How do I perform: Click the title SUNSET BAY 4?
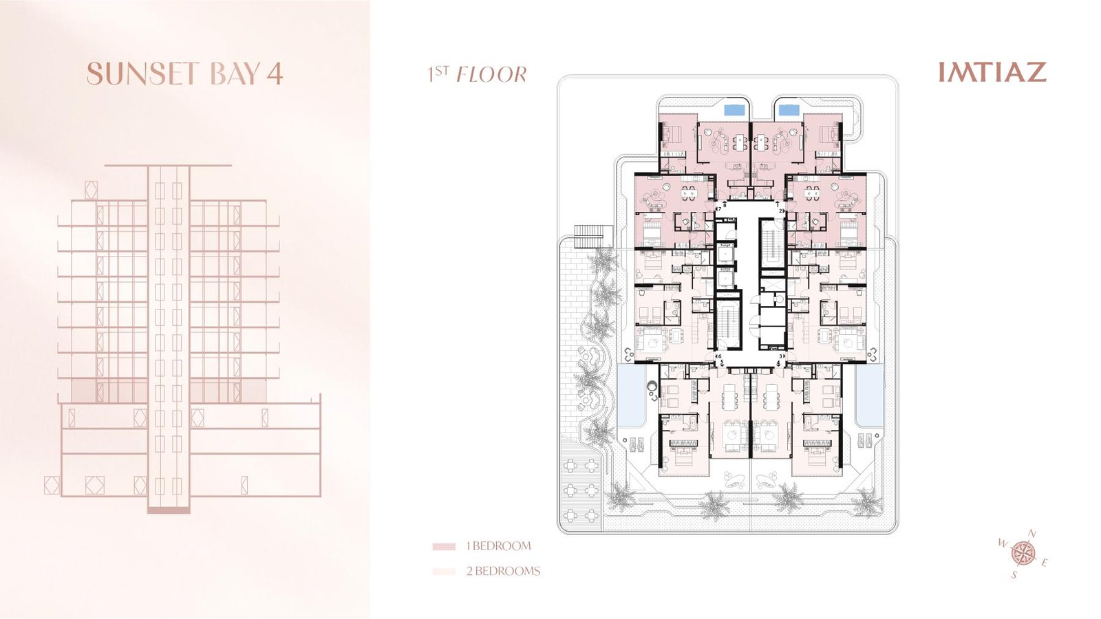185,73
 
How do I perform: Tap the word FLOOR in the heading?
491,75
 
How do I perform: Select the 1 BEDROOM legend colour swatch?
443,546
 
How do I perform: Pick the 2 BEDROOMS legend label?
503,571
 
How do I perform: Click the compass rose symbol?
1023,552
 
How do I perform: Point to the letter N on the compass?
1033,534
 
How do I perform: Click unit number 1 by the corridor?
778,202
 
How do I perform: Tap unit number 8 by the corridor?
725,206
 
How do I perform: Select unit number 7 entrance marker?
719,209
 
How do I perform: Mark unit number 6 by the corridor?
719,356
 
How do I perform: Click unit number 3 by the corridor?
780,356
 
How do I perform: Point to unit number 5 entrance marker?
722,362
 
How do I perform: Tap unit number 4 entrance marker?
778,363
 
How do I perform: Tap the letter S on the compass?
1013,574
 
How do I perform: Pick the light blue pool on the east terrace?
869,396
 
